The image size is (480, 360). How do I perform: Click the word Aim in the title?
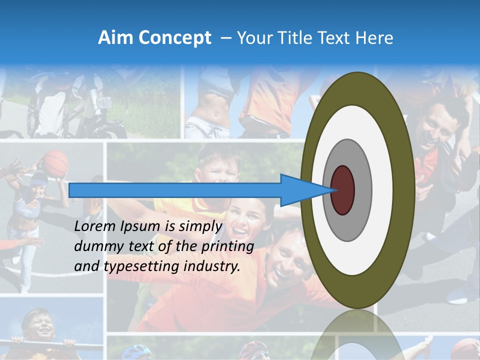point(115,38)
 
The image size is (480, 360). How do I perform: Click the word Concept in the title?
point(174,38)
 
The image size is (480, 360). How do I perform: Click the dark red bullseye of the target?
point(342,190)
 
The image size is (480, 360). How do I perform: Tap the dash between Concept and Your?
point(225,38)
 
